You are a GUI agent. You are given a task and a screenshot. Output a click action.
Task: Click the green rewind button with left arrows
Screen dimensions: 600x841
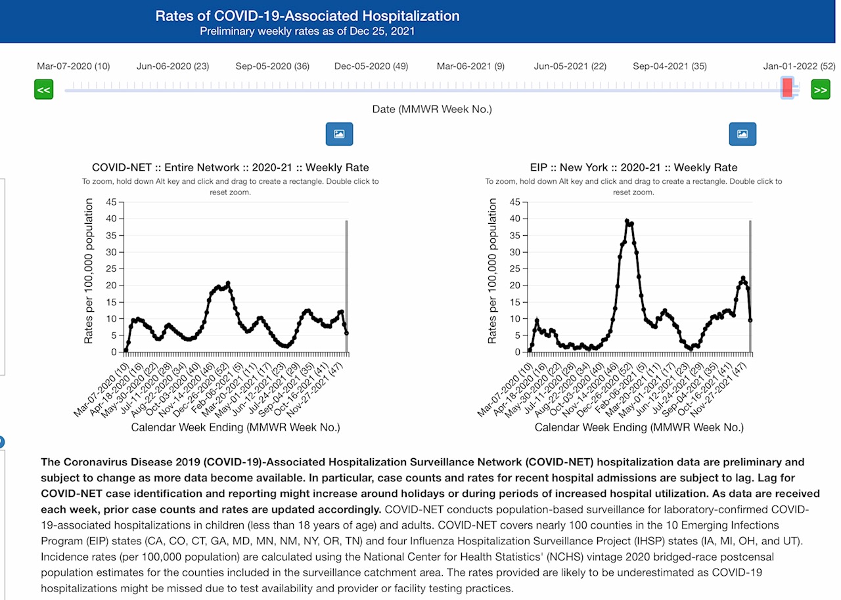[43, 89]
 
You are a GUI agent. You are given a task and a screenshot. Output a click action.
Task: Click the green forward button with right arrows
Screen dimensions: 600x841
[821, 89]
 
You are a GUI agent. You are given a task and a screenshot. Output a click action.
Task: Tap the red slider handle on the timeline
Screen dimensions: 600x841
[787, 87]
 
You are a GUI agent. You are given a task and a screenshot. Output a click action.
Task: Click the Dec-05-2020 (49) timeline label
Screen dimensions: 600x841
[371, 66]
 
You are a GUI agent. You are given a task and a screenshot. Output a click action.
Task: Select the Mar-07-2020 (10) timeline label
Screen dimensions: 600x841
[73, 66]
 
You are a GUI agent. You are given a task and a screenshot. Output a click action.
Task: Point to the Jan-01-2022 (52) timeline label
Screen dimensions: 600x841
[799, 66]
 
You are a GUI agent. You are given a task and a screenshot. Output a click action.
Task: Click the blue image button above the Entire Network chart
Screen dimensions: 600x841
[339, 134]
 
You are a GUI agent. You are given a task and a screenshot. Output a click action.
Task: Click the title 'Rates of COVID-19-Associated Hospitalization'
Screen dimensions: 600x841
[307, 16]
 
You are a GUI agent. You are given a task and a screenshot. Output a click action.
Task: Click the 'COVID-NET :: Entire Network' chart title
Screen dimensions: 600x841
[230, 167]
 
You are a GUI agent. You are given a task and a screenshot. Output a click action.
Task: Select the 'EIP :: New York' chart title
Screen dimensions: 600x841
[633, 167]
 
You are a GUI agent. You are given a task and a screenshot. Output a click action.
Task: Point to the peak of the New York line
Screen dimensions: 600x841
[627, 221]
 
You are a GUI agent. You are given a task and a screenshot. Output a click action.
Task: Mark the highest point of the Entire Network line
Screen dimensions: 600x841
[228, 283]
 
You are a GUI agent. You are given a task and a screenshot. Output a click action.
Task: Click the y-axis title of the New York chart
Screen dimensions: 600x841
[492, 271]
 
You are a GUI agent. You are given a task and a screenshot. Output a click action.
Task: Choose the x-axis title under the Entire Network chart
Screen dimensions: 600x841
[235, 427]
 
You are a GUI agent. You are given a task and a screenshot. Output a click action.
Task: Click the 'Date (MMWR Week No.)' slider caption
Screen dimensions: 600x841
[432, 109]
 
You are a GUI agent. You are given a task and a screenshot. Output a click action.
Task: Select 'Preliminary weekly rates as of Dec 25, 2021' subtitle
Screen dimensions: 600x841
[307, 31]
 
